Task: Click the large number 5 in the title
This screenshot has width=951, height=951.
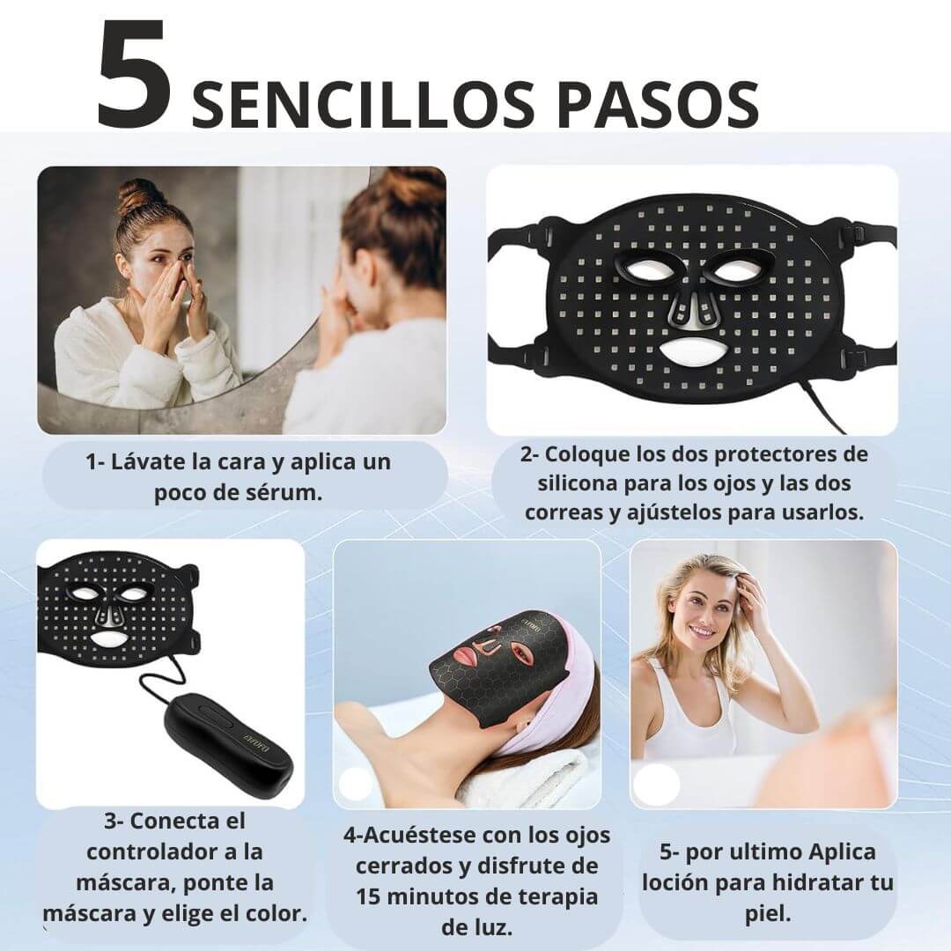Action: (134, 75)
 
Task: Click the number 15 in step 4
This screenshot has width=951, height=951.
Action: (369, 896)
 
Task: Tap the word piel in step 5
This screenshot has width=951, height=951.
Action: (768, 914)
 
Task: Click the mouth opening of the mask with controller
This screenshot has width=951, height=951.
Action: (109, 638)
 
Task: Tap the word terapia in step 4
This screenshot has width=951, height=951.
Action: (555, 897)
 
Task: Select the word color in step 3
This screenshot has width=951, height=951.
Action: (276, 913)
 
